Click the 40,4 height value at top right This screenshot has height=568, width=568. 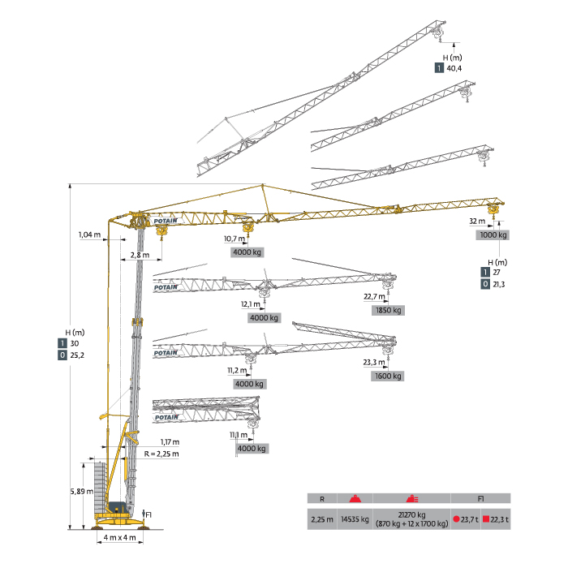(454, 69)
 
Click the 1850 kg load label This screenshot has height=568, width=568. (388, 310)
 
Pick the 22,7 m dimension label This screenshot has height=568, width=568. (374, 297)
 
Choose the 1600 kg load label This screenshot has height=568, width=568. (388, 376)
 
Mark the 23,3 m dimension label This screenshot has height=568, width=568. (374, 363)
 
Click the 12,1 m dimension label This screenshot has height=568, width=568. (251, 304)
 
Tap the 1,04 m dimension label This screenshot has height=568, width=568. (89, 235)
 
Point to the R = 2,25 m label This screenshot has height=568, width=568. (161, 454)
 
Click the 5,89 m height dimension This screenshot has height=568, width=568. (80, 492)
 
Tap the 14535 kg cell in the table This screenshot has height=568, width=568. (354, 519)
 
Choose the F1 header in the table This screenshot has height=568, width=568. (480, 498)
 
